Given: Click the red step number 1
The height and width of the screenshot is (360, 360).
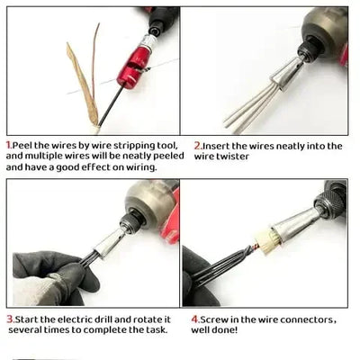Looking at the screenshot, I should click(x=9, y=144).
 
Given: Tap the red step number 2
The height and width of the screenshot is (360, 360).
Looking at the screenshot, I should click(x=197, y=145).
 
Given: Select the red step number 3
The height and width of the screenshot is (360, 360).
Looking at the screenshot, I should click(x=9, y=319).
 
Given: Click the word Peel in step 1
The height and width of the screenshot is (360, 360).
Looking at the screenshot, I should click(x=22, y=144).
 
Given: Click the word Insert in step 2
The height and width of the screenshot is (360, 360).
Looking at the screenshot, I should click(x=218, y=145).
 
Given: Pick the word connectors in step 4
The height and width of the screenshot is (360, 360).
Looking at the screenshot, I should click(x=308, y=319).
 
